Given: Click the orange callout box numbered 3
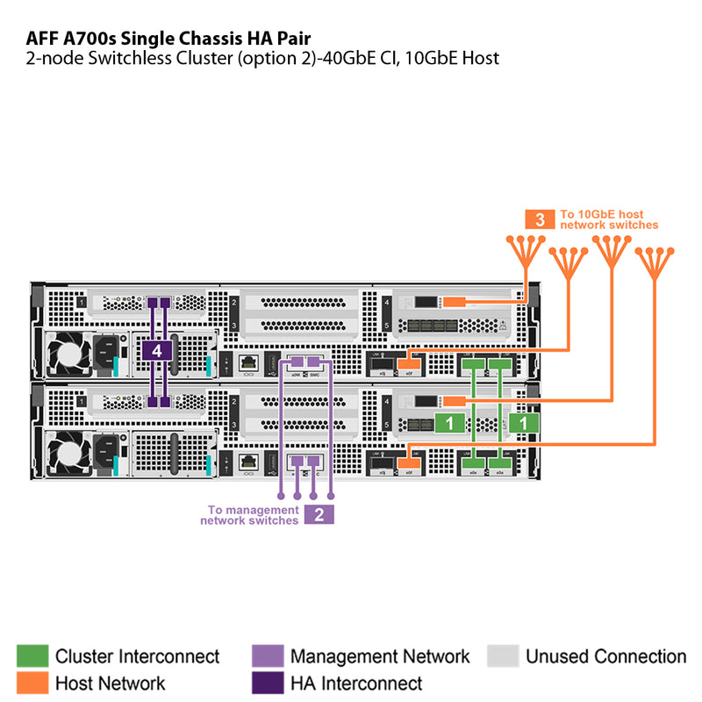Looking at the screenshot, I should point(540,219).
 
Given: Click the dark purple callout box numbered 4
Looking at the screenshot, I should point(157,351).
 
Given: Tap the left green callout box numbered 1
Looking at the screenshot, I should point(450,422).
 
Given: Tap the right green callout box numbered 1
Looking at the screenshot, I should point(524,422).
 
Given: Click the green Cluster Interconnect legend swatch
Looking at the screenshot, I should point(32,656).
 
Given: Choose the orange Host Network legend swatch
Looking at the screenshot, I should point(32,682).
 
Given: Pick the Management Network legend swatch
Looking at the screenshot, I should point(267,656).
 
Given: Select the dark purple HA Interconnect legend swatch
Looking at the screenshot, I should point(267,682).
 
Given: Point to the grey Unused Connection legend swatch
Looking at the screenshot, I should point(503,656).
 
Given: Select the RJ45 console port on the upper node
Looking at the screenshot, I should point(247,362).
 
